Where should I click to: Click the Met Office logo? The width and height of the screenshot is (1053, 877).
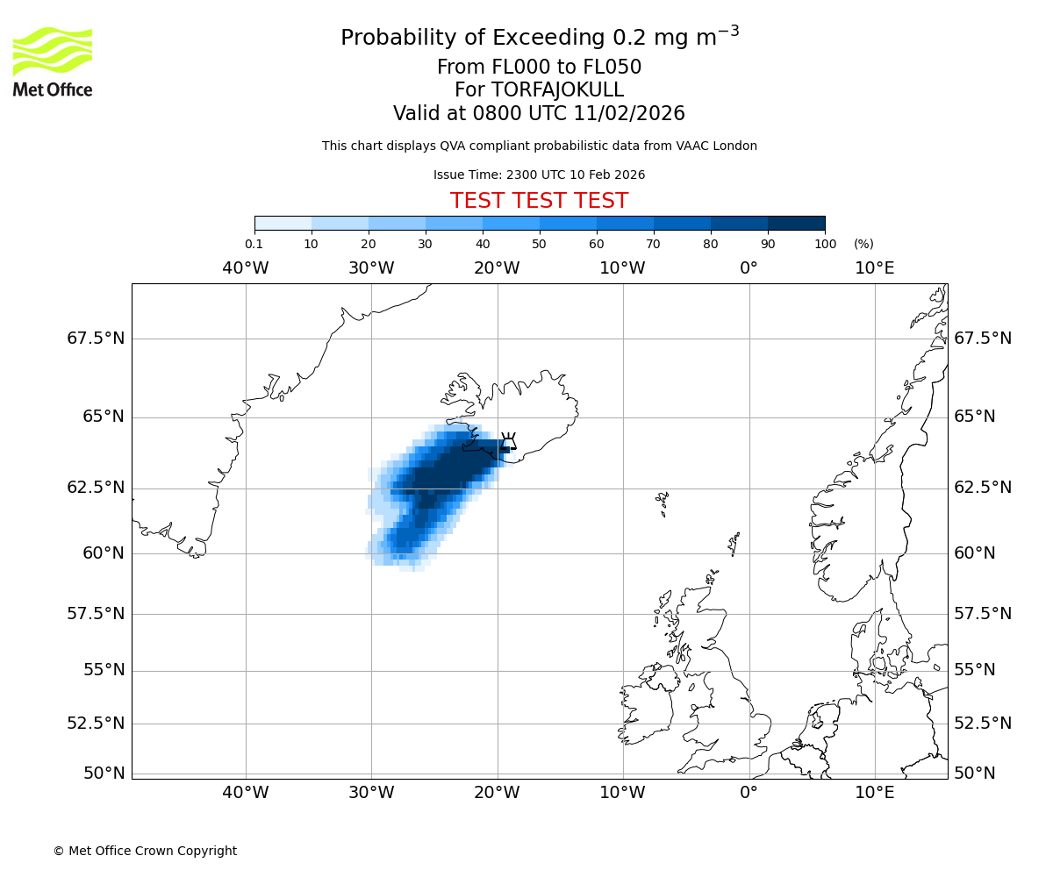53,61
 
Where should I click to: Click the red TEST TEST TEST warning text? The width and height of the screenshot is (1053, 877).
539,201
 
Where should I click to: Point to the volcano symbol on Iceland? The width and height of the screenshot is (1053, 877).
508,441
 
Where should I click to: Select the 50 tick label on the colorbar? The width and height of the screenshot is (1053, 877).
539,244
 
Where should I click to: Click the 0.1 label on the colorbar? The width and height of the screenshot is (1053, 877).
254,244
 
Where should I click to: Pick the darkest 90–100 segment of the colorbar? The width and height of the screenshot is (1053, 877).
796,223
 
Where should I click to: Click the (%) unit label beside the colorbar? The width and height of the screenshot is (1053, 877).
863,244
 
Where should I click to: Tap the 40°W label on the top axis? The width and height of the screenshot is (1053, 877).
245,267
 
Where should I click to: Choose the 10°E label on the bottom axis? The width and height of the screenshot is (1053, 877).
874,793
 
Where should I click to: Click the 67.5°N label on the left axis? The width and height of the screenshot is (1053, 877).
96,339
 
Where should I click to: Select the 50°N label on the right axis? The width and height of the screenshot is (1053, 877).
975,773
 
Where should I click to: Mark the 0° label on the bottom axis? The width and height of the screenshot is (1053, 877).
749,793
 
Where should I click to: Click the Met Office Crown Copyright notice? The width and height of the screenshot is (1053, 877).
145,851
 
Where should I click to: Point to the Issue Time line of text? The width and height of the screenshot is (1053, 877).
539,175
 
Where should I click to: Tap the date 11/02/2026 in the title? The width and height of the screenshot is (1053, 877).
629,113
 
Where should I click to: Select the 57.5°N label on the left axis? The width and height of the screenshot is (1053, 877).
96,613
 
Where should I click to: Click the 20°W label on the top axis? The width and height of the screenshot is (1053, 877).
497,267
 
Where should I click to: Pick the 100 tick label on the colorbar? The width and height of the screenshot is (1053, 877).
825,244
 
